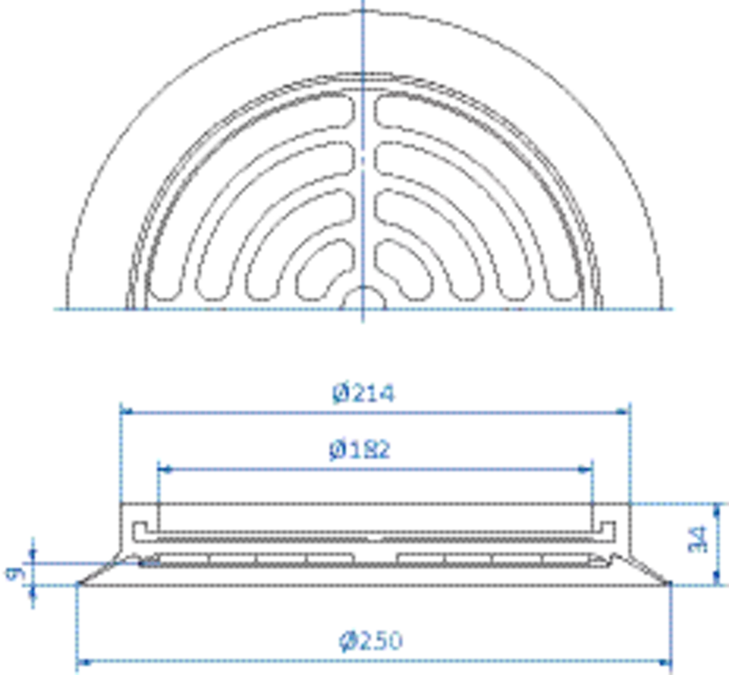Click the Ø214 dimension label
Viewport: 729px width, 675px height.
click(363, 394)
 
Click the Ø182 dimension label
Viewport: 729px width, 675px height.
click(359, 450)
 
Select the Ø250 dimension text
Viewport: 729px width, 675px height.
click(371, 641)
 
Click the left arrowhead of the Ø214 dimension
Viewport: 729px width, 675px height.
click(126, 412)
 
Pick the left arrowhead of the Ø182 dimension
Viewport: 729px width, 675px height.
click(164, 469)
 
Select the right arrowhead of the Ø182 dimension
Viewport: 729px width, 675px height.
click(586, 469)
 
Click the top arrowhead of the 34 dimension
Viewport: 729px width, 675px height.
click(717, 510)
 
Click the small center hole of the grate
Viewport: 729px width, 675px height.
click(363, 298)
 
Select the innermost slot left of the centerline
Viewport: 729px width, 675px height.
click(324, 269)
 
